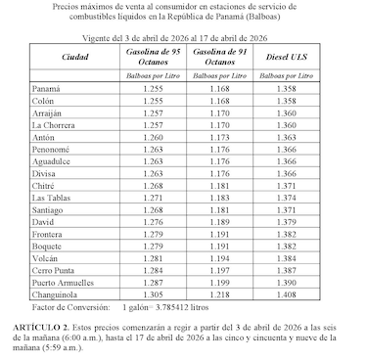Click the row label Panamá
pyautogui.click(x=46, y=89)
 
